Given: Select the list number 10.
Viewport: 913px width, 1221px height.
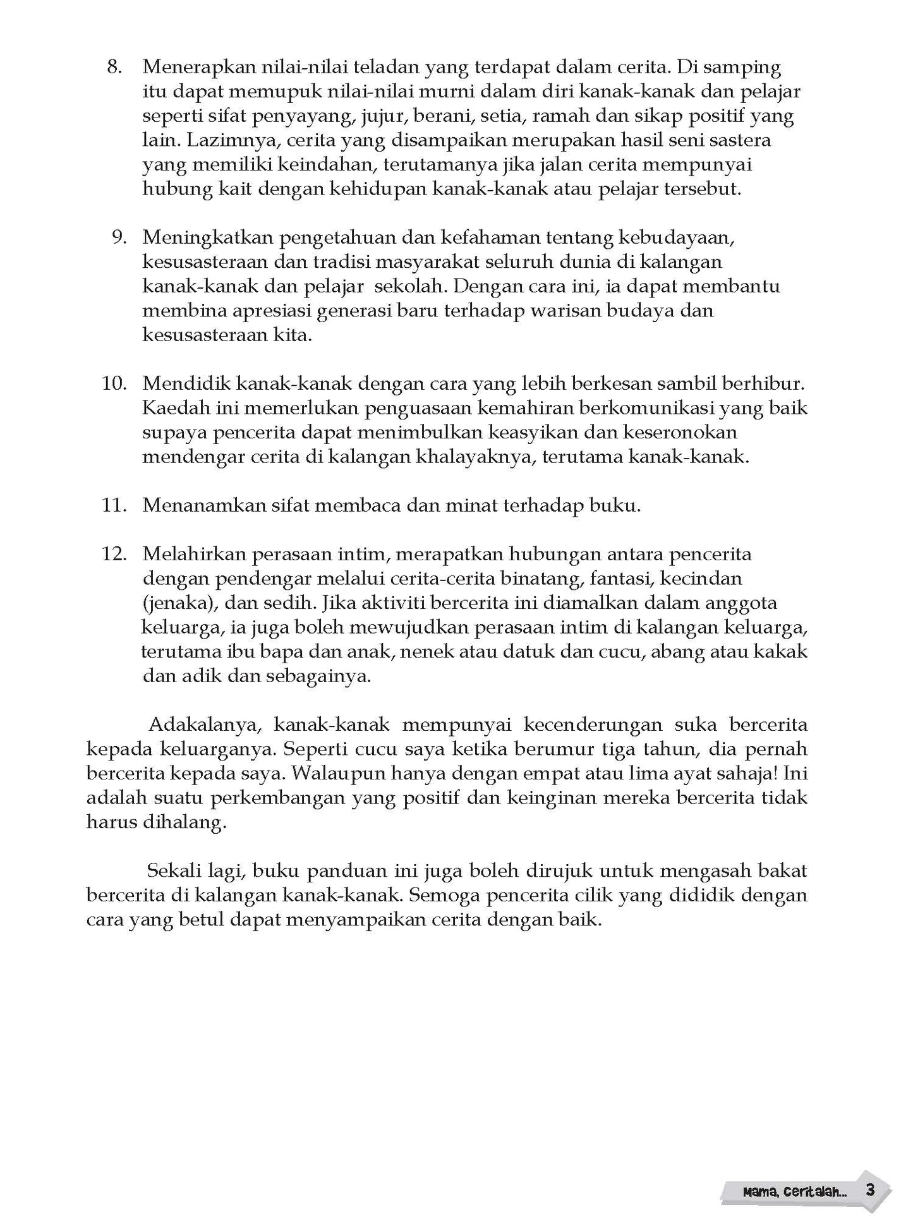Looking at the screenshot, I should coord(114,383).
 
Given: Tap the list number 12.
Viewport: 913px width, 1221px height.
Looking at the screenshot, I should coord(114,554).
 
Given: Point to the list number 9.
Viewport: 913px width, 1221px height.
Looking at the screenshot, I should coord(119,238).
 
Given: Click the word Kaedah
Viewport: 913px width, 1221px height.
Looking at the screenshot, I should coord(171,408).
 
